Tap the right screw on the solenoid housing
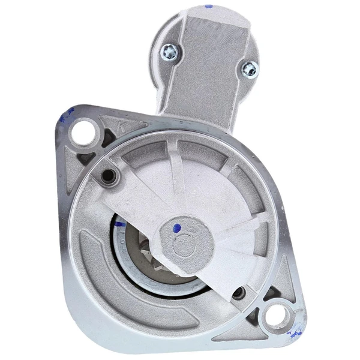(248, 70)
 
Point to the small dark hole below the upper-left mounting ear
(109, 175)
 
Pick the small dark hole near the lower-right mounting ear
(240, 293)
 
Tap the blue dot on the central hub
(176, 227)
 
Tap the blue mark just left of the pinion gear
(118, 224)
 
